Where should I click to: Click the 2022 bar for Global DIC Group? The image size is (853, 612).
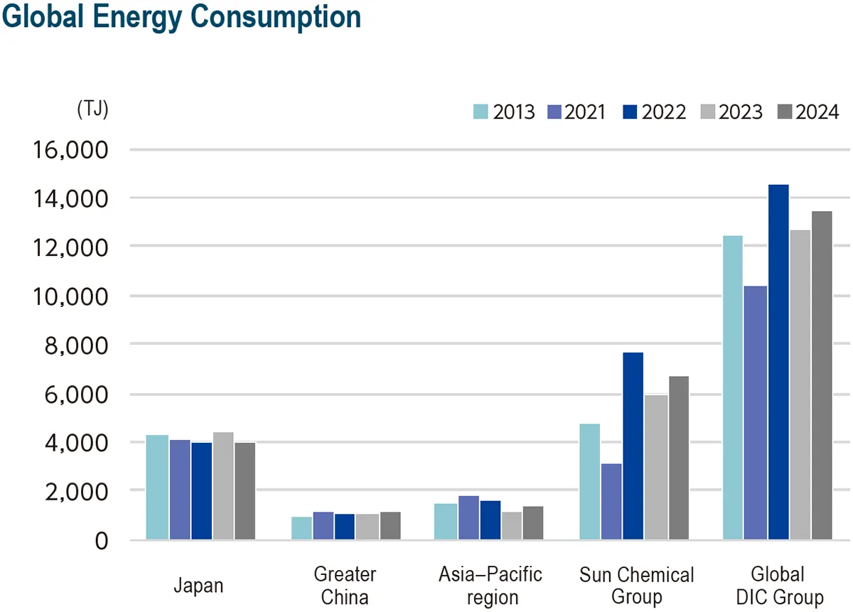[778, 362]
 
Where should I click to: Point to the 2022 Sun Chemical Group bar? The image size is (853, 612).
[633, 446]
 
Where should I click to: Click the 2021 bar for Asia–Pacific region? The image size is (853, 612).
[468, 517]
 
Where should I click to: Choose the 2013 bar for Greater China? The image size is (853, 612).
[302, 528]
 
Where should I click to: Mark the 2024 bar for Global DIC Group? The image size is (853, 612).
[821, 375]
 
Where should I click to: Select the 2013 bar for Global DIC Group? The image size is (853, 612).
[733, 387]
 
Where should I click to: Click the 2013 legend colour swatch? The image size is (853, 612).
[481, 112]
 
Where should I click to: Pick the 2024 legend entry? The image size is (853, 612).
[808, 112]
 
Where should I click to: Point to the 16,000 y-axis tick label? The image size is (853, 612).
[69, 151]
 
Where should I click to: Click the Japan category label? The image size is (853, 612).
[198, 586]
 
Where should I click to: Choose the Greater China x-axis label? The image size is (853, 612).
[345, 585]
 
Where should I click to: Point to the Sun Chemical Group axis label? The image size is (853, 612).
[636, 585]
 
